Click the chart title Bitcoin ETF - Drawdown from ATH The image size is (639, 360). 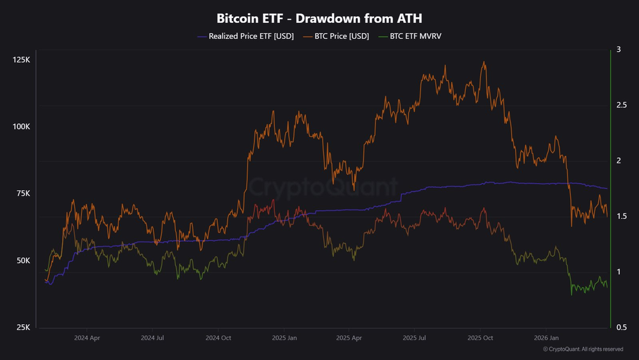coord(319,19)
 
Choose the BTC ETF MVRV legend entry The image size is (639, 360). coord(415,36)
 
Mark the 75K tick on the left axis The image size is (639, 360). coord(22,194)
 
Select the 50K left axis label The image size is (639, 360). coord(22,261)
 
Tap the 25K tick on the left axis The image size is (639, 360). coord(22,327)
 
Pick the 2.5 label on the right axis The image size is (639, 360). coord(621,105)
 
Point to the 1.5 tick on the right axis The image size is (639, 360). coord(621,217)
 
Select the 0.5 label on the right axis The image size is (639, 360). coord(621,327)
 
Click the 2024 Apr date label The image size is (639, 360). coord(87,337)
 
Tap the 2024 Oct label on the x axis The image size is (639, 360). coord(219,337)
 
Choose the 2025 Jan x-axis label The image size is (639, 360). coord(284,337)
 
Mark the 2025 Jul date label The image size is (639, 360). coord(415,337)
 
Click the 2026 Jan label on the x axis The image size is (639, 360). coord(546,337)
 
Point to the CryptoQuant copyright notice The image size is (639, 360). coord(583,349)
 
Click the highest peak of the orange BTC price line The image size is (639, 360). coord(484,62)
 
